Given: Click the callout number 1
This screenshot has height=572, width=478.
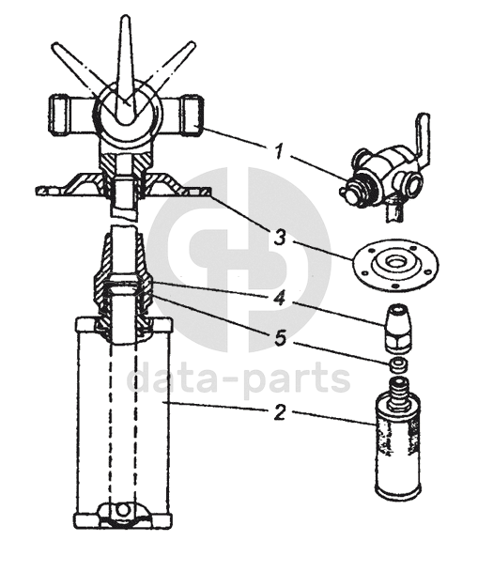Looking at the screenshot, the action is click(279, 151).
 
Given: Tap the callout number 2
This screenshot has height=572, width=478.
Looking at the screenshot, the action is click(279, 413).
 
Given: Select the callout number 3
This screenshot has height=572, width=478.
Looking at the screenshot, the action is click(279, 238).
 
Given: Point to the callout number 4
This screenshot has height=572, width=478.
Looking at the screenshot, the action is click(279, 298).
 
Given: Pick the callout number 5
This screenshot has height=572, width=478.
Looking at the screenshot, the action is click(280, 338).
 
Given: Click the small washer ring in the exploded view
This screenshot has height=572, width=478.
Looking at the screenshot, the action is click(397, 365).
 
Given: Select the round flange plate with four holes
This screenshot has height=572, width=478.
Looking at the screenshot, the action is click(395, 263).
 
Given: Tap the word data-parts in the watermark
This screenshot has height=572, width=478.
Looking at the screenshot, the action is click(238, 379).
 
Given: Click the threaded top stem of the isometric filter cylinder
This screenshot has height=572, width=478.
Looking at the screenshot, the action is click(398, 391).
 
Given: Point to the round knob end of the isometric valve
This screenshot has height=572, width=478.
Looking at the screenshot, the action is click(349, 193).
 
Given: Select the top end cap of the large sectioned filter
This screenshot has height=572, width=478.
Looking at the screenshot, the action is click(123, 325).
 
